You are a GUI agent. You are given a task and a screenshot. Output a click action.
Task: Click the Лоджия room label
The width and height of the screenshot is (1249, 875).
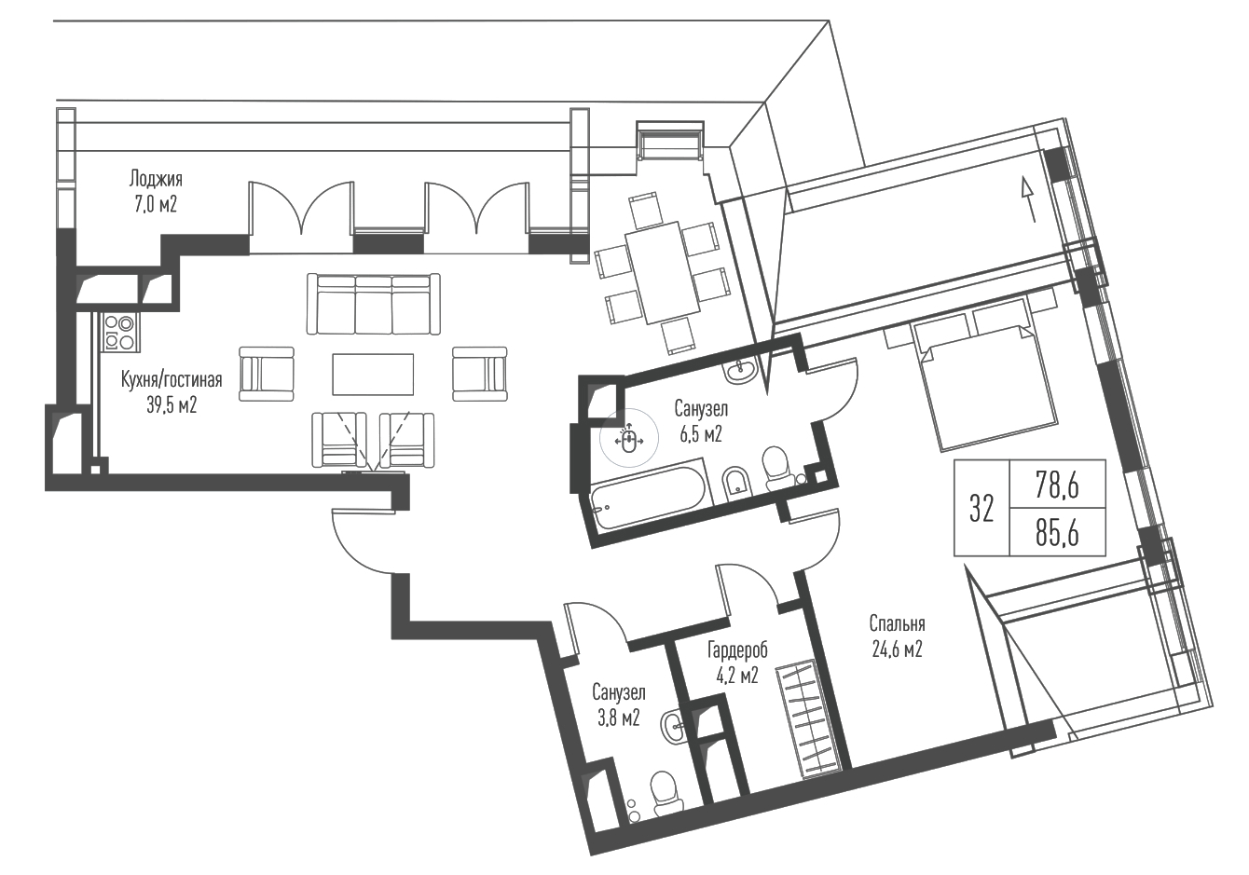[x=156, y=179]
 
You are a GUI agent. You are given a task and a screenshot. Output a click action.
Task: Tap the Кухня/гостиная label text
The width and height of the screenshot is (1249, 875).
[x=172, y=380]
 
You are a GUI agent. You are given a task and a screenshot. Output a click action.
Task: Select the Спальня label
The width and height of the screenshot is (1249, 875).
[x=898, y=623]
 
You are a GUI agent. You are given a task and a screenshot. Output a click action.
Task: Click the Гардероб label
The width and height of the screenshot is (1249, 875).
[x=737, y=649]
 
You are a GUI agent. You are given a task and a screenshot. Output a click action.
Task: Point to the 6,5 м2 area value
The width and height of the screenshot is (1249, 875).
[x=701, y=433]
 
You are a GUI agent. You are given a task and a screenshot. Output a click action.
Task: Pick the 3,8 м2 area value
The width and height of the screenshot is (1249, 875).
[x=619, y=718]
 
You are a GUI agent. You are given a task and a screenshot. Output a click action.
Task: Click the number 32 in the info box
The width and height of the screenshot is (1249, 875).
[x=981, y=508]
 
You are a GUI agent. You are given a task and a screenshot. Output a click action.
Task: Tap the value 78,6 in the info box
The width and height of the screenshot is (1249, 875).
[x=1057, y=485]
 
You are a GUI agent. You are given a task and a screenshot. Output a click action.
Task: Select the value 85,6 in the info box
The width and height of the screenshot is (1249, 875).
[x=1057, y=532]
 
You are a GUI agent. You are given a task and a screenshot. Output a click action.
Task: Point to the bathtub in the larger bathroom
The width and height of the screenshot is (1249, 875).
[x=650, y=494]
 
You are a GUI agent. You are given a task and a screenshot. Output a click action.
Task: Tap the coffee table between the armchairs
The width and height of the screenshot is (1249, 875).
[x=373, y=375]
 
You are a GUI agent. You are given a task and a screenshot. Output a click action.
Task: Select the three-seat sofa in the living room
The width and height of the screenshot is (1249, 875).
[x=374, y=304]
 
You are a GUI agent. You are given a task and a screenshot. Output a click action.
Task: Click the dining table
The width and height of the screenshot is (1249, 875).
[x=663, y=272]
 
